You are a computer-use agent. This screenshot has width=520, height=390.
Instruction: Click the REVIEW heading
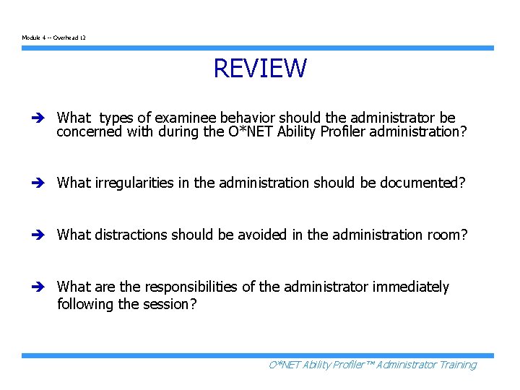coord(260,69)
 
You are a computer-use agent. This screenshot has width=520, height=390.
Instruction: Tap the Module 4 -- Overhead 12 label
coord(54,37)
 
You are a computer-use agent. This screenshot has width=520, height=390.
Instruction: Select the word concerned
coord(88,132)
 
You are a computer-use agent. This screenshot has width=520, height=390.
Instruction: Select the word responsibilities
coord(182,287)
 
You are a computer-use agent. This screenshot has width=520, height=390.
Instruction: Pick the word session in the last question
coord(170,304)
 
